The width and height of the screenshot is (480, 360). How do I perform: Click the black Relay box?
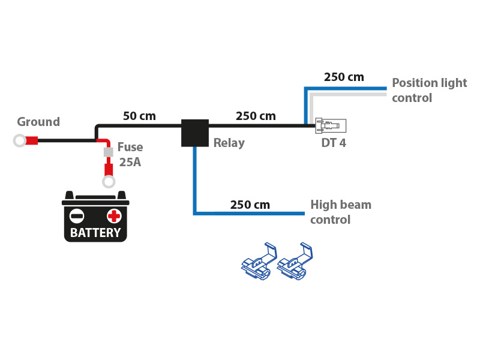(x=195, y=133)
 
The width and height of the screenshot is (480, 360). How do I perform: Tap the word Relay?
(x=229, y=143)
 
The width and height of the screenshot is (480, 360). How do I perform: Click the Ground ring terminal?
(x=20, y=140)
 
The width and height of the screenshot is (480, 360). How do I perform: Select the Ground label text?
(x=38, y=122)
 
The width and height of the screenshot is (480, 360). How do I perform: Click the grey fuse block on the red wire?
(x=109, y=152)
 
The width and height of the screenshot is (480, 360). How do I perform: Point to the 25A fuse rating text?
(x=130, y=162)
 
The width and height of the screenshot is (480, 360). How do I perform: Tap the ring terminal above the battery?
(x=109, y=181)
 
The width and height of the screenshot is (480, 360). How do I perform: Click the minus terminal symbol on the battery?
(x=77, y=216)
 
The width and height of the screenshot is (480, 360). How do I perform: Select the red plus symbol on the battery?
(x=114, y=216)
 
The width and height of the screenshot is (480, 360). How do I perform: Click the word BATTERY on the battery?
(x=95, y=233)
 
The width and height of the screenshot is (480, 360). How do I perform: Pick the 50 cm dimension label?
(x=139, y=116)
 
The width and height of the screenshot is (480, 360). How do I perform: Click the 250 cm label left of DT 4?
(x=256, y=116)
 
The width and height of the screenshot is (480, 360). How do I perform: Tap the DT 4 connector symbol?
(x=331, y=125)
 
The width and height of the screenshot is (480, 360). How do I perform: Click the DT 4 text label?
(x=334, y=143)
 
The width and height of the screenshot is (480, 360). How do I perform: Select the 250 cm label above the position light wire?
(x=344, y=77)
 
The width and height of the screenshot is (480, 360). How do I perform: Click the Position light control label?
(x=429, y=90)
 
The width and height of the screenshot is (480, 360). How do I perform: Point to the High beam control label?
(x=340, y=212)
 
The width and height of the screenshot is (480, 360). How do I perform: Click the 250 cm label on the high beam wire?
(x=250, y=205)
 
